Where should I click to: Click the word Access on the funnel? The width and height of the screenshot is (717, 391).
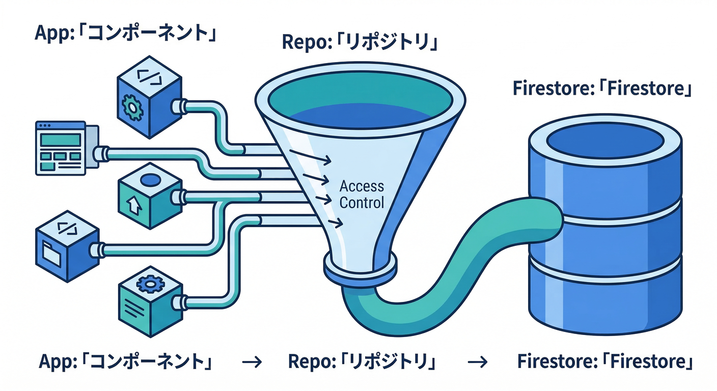point(362,186)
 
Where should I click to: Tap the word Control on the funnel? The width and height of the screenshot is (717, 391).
point(362,202)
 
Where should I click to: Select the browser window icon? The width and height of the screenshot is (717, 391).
point(60,148)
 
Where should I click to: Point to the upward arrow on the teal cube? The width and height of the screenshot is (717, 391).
point(133,205)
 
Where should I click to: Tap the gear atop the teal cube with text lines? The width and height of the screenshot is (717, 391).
point(150,283)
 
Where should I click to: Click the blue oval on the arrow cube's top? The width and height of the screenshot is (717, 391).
point(150,180)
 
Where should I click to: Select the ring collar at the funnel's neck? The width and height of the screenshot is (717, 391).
point(359,269)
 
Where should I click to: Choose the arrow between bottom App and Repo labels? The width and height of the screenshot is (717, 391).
point(251,362)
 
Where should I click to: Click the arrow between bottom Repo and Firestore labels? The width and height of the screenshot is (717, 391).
point(477,362)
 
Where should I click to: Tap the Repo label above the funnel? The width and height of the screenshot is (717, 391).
point(360,43)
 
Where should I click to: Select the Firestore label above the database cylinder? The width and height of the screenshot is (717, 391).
point(602,88)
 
